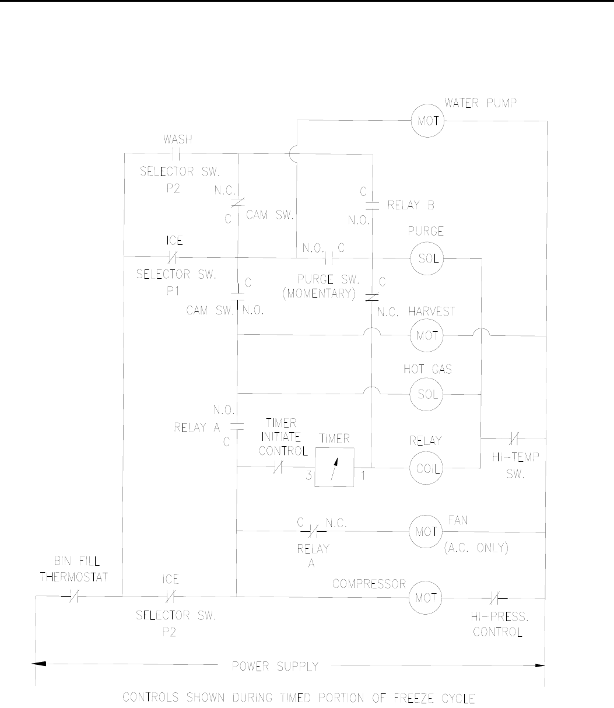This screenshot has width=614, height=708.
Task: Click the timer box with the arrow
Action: pos(334,468)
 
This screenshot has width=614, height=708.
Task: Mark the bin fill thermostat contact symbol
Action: pos(72,597)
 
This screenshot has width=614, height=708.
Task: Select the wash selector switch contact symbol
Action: pos(174,154)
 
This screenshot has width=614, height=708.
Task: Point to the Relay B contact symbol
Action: pos(372,205)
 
